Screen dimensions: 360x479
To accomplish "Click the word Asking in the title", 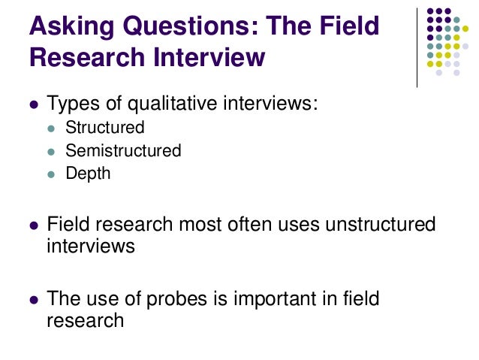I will [x=64, y=27].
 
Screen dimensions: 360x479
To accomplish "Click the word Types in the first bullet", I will [x=70, y=103].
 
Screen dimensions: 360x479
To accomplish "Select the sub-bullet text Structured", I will [x=104, y=128].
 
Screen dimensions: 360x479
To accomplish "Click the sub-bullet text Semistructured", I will [x=123, y=150].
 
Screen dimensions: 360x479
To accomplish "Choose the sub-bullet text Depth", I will [x=88, y=173].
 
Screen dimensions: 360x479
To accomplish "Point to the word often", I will [x=234, y=225].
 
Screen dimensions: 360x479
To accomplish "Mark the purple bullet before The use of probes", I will [x=32, y=299].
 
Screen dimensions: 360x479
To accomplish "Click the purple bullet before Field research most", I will [x=32, y=225].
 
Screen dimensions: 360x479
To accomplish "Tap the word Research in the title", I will [x=83, y=57].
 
